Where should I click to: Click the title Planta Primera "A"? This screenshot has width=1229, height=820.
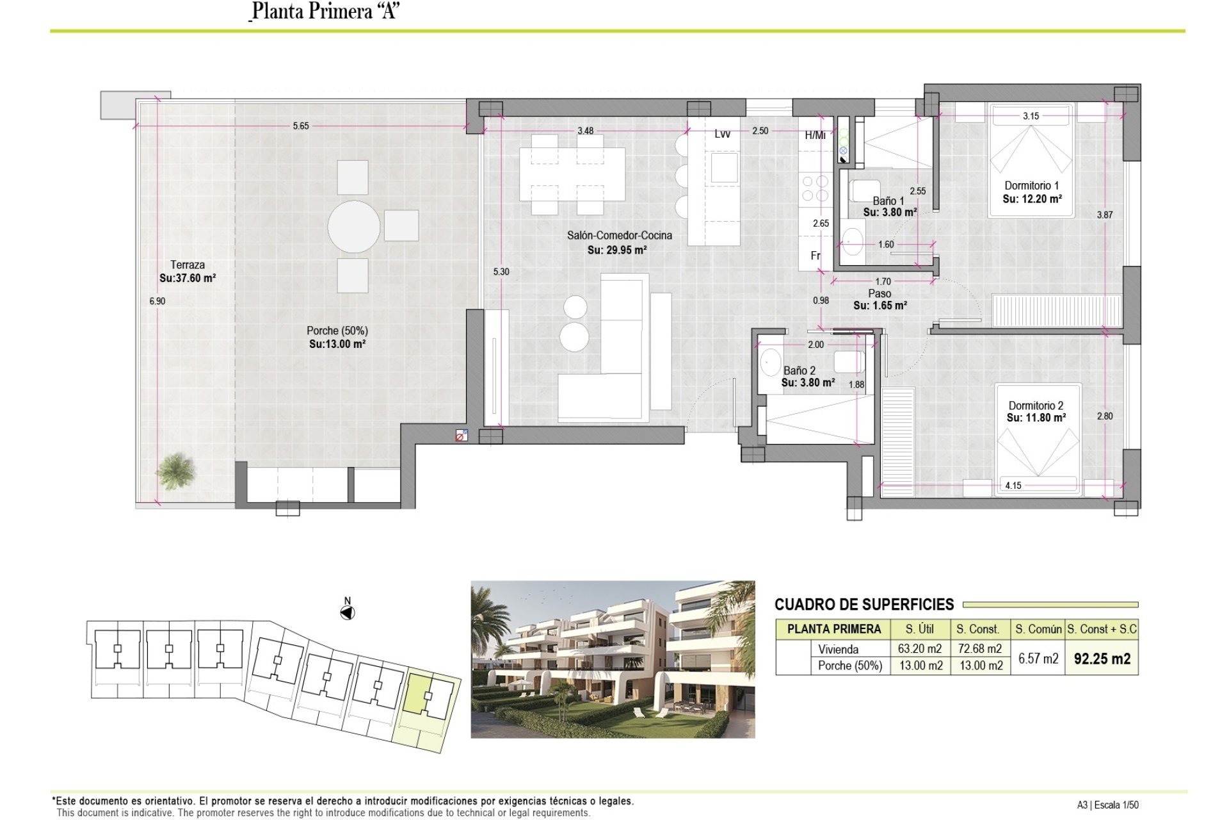(326, 12)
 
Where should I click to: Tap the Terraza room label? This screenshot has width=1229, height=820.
(188, 265)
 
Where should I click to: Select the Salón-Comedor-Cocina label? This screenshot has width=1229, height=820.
(619, 235)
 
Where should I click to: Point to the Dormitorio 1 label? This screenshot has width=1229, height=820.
(1032, 185)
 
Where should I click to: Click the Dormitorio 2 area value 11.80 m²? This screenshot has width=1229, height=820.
(1036, 418)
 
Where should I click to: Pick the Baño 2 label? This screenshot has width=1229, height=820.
(799, 370)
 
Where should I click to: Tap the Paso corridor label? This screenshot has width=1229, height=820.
(880, 293)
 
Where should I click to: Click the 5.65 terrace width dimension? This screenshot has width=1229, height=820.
(301, 126)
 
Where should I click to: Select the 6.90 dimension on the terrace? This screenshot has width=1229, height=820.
(157, 301)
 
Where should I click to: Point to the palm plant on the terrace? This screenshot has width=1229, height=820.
(175, 471)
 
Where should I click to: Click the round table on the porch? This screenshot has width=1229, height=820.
(354, 226)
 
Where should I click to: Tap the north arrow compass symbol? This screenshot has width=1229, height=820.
(348, 613)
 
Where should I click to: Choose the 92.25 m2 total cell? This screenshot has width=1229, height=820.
(1102, 659)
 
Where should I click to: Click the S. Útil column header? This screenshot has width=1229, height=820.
(920, 629)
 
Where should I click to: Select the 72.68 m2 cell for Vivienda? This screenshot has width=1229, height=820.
(980, 649)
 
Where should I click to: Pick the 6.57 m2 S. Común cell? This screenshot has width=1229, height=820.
(1038, 659)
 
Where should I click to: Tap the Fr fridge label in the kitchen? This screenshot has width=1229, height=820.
(815, 256)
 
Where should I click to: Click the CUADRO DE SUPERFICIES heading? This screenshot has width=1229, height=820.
(864, 604)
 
